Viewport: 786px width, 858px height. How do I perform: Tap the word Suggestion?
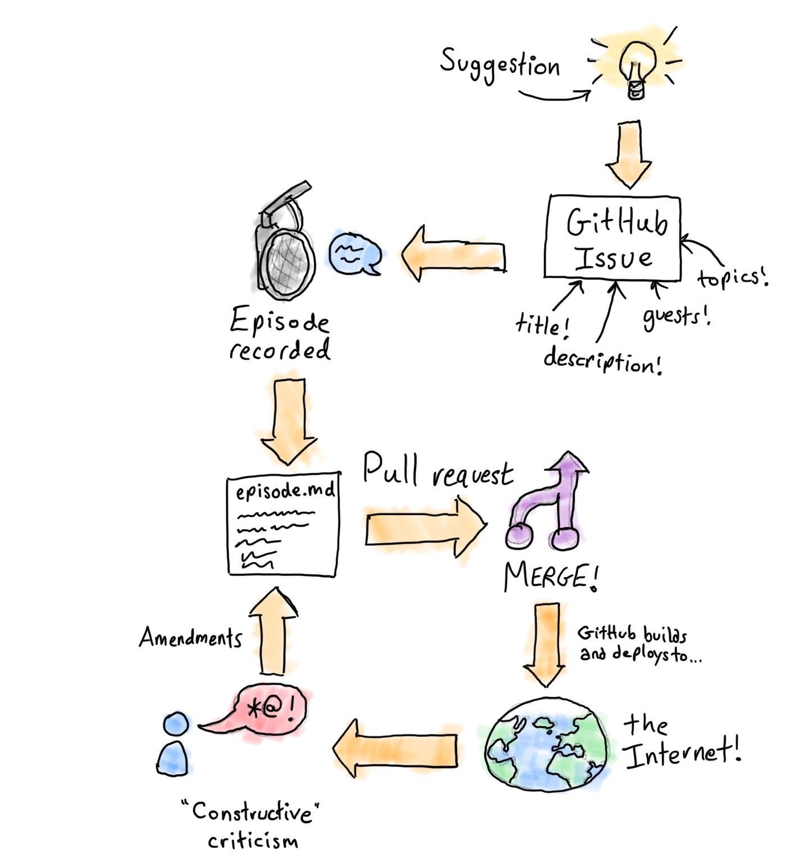[x=500, y=65]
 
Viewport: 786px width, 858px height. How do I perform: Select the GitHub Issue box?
[x=613, y=237]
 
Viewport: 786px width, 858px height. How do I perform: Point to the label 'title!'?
[x=542, y=325]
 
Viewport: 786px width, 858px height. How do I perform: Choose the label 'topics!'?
[x=732, y=277]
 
